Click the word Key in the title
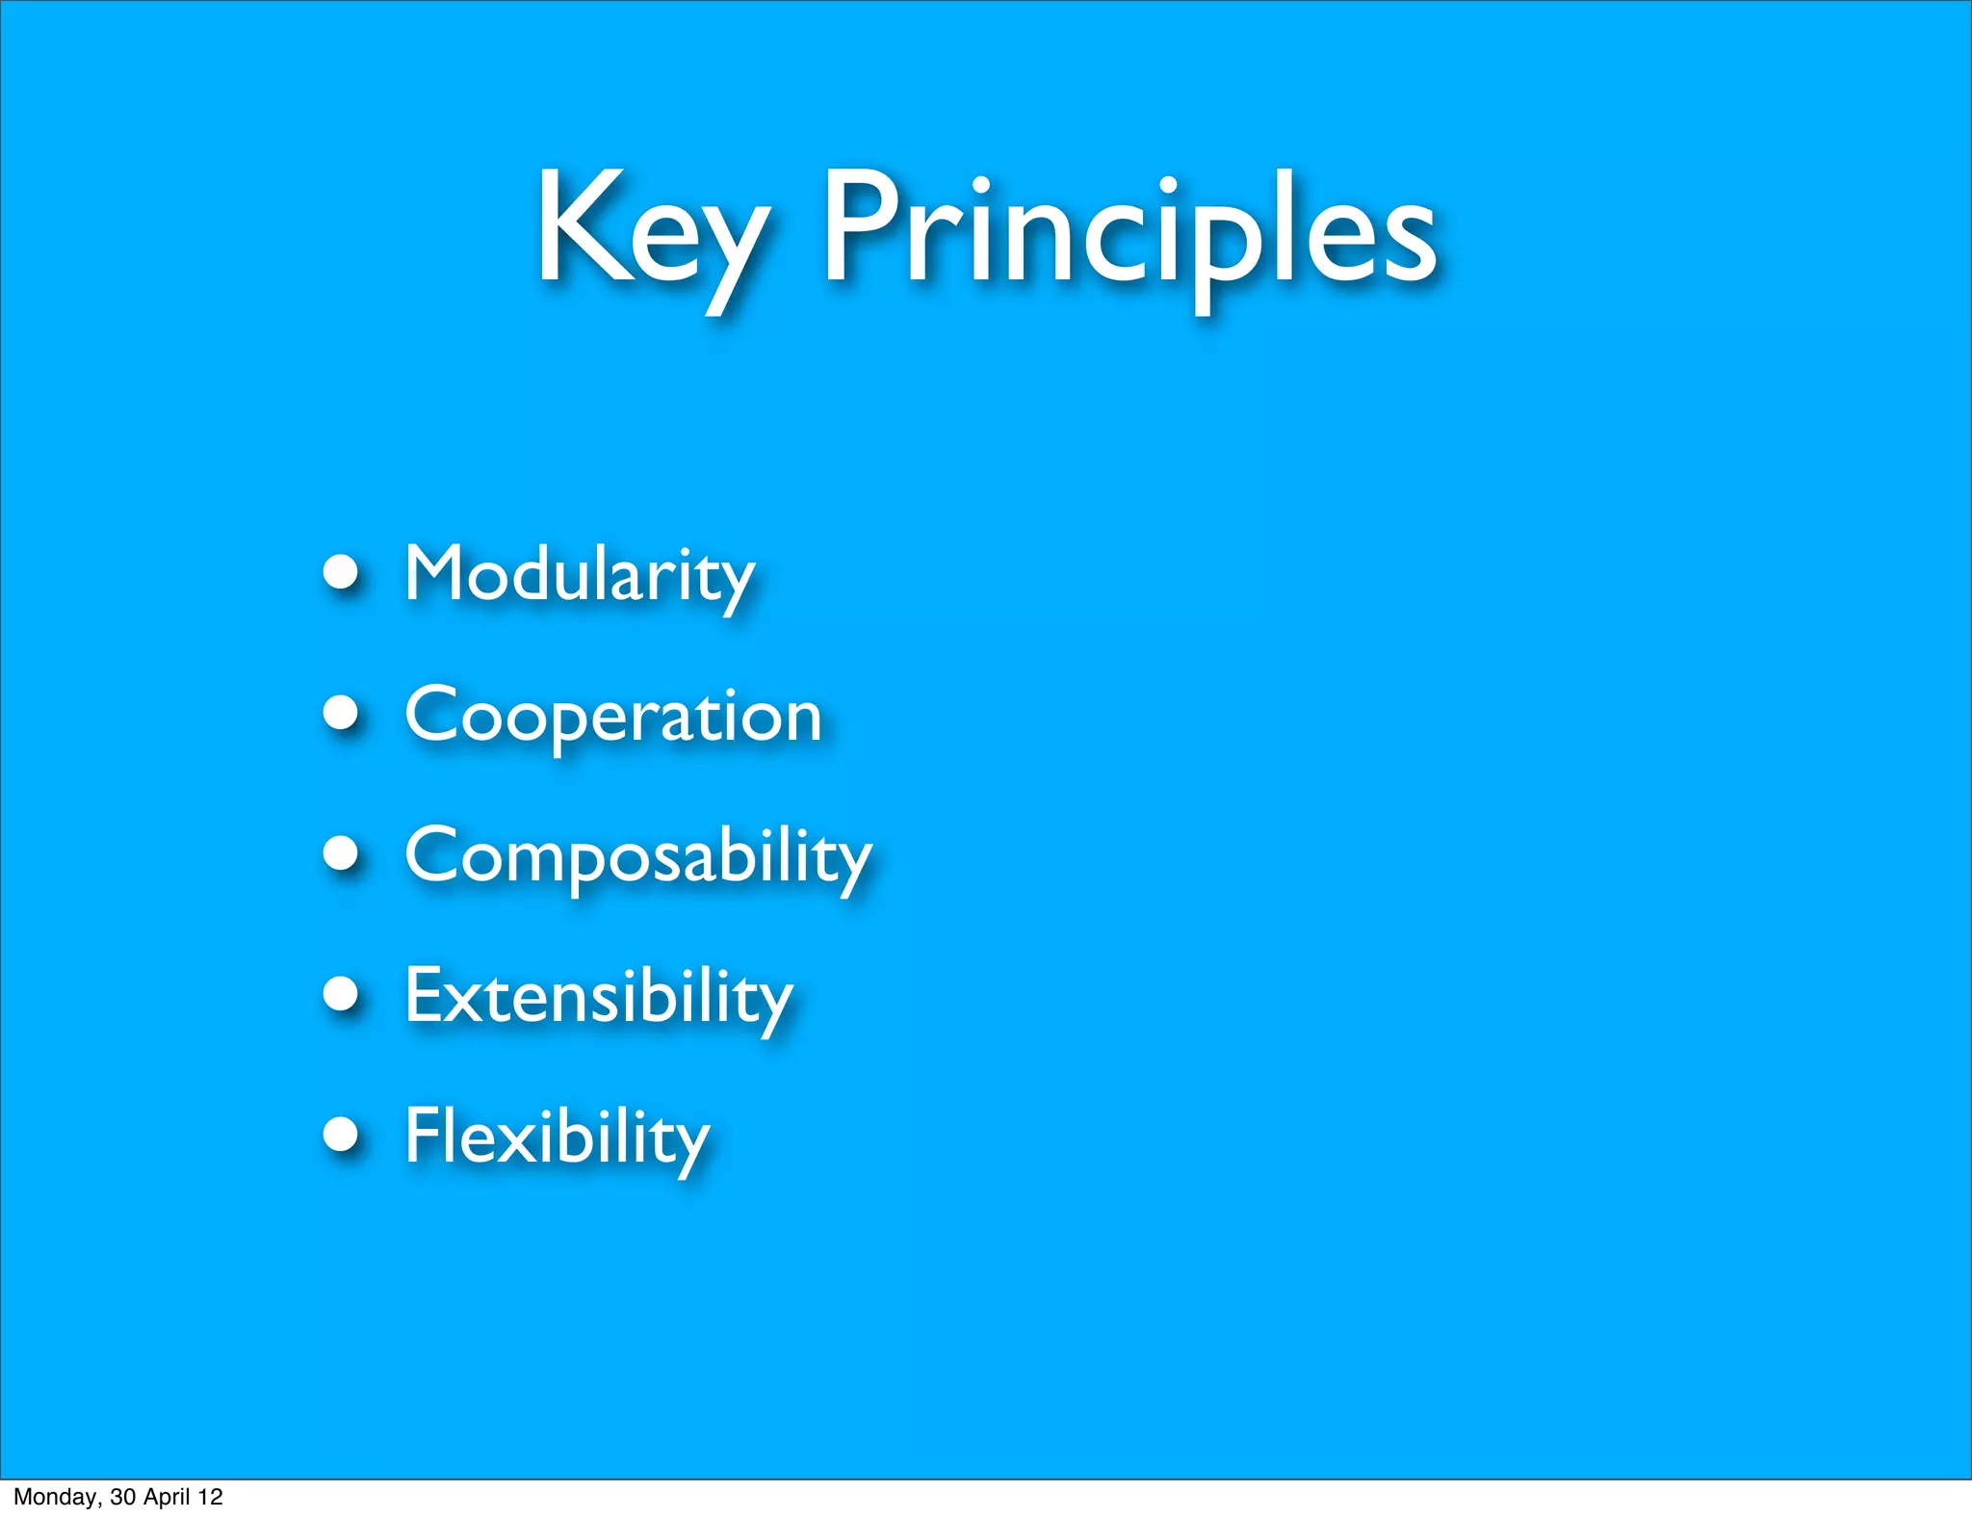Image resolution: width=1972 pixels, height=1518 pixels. point(651,231)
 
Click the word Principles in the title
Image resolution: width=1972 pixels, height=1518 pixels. point(1129,231)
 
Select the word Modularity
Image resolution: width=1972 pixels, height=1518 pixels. point(579,575)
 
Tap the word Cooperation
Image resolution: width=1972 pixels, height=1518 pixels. point(612,716)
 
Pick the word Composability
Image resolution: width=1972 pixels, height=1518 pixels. point(637,856)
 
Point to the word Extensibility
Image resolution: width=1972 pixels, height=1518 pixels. point(598,997)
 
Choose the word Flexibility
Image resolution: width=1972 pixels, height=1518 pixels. point(557,1138)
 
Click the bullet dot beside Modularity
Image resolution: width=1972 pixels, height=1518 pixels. point(341,573)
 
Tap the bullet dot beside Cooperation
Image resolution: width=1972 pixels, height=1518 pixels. point(341,714)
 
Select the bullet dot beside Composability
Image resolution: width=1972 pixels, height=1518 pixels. point(341,853)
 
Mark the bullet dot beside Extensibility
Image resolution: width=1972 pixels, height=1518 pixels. point(341,994)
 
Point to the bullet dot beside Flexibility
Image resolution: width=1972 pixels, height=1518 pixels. point(341,1135)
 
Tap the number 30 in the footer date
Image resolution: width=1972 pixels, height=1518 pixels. point(122,1498)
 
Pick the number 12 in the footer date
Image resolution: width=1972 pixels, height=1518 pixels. point(210,1498)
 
